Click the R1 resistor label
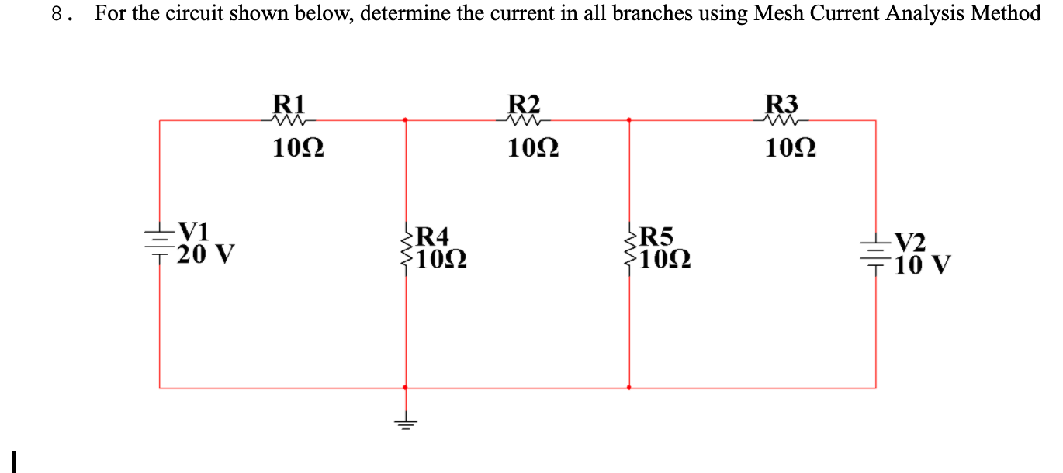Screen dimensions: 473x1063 (291, 103)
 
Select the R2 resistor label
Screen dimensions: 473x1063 (524, 103)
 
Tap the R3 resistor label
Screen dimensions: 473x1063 (781, 103)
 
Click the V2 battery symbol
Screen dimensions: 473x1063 (875, 253)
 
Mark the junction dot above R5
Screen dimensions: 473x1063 (629, 120)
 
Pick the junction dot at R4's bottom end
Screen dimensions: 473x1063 (405, 387)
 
